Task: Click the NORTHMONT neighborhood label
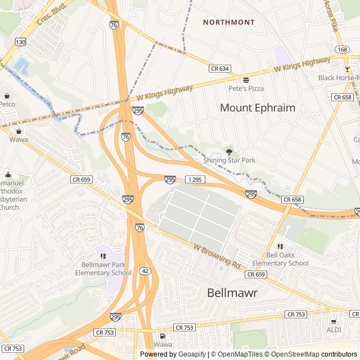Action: click(x=228, y=22)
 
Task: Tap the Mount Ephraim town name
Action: click(x=257, y=107)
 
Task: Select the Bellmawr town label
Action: click(x=232, y=292)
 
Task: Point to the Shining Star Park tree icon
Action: click(x=229, y=151)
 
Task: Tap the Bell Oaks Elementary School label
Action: click(x=280, y=259)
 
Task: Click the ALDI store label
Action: click(x=334, y=330)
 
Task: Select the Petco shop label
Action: click(x=7, y=103)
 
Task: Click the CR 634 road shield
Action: click(x=220, y=69)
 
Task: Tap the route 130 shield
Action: click(x=20, y=42)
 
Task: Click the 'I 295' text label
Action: click(x=195, y=179)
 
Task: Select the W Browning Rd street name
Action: click(x=215, y=255)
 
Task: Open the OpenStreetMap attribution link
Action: click(x=304, y=354)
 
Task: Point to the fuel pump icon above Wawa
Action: click(x=163, y=335)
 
